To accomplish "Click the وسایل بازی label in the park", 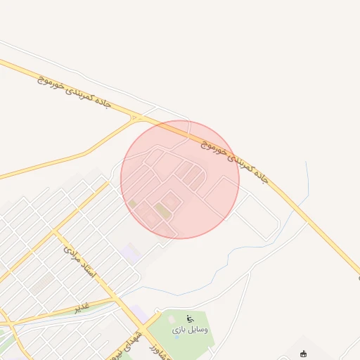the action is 191,329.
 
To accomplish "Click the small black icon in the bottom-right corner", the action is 303,354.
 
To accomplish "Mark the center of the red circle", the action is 180,179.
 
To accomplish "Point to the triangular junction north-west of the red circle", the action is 134,118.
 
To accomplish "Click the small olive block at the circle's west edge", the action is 131,204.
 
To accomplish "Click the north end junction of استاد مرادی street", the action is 53,230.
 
